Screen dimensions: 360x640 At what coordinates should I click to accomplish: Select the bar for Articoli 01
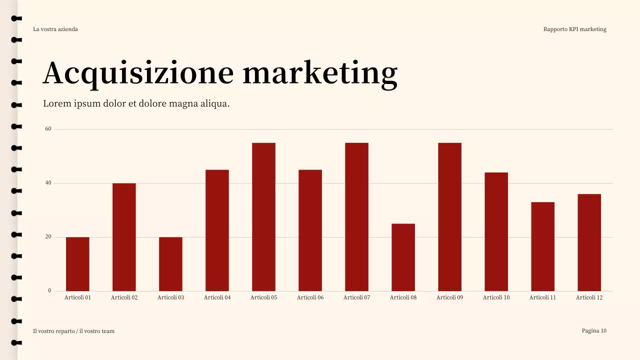click(77, 264)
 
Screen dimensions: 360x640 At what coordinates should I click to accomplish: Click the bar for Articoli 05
click(263, 217)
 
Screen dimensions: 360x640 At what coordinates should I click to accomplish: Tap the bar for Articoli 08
click(403, 257)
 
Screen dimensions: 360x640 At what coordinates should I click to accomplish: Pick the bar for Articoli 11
click(542, 246)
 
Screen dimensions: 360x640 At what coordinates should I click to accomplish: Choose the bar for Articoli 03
click(170, 264)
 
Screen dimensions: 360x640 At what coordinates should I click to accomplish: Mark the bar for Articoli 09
click(449, 217)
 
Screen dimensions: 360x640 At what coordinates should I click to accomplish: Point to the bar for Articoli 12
click(589, 242)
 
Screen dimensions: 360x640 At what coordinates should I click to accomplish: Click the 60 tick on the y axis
click(48, 129)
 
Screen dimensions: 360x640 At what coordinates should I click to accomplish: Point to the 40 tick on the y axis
click(48, 183)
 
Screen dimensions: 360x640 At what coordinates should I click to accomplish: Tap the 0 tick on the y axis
click(49, 290)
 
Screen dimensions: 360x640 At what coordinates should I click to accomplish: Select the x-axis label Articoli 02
click(124, 297)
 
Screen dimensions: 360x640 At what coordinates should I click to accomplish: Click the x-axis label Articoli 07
click(356, 297)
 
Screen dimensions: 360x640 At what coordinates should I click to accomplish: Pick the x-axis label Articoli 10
click(496, 297)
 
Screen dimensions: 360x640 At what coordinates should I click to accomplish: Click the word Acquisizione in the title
click(138, 73)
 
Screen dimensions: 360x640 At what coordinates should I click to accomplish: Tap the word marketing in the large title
click(320, 73)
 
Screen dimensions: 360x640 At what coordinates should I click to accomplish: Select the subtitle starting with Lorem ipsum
click(136, 104)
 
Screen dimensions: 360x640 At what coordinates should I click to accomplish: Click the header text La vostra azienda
click(55, 29)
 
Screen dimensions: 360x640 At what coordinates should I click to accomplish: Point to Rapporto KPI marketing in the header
click(574, 29)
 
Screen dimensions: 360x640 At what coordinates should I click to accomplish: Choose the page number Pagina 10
click(594, 330)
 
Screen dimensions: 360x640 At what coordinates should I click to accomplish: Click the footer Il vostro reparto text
click(73, 331)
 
